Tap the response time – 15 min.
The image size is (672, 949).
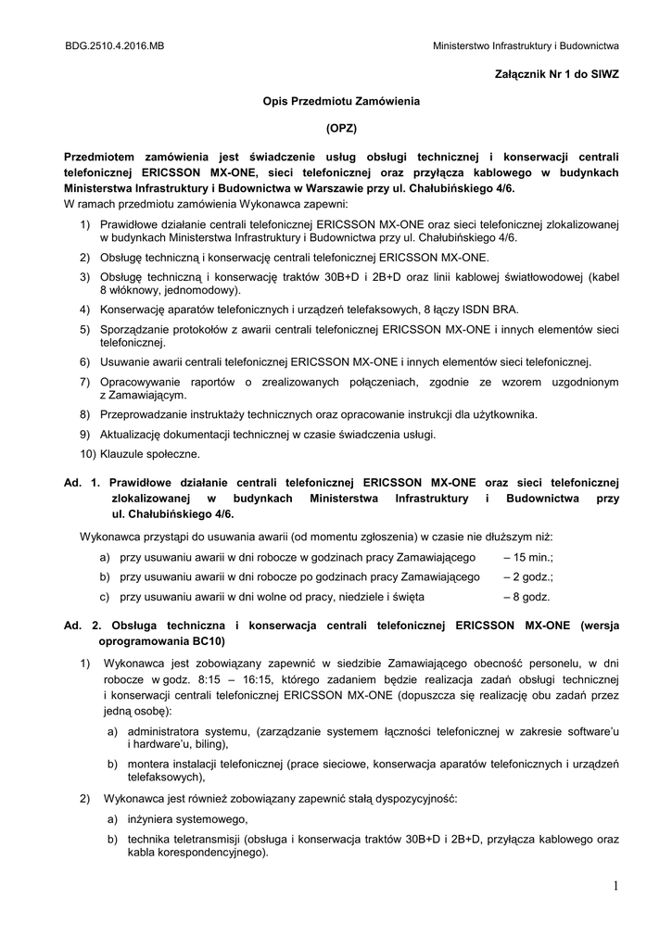527,557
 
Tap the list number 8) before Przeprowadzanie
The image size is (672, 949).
84,414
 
